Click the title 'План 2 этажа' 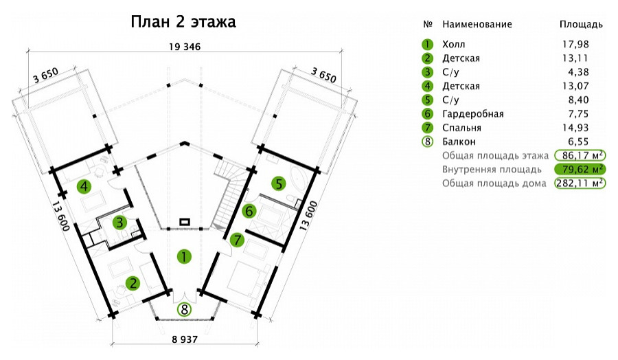click(183, 22)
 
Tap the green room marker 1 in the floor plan click(184, 257)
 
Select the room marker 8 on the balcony click(184, 310)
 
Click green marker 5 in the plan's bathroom click(279, 183)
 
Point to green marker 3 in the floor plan click(119, 223)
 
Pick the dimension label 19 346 click(185, 47)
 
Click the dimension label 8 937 click(185, 339)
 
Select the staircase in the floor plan click(227, 194)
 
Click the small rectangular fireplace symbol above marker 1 click(185, 222)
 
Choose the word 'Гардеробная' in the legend click(473, 114)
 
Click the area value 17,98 click(575, 44)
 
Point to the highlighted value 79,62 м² click(580, 170)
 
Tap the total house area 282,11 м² click(580, 183)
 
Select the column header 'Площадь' click(581, 25)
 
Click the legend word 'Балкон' click(459, 142)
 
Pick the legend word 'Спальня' click(461, 128)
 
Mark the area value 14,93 click(575, 128)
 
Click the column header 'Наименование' click(477, 25)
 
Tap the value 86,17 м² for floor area click(580, 155)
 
